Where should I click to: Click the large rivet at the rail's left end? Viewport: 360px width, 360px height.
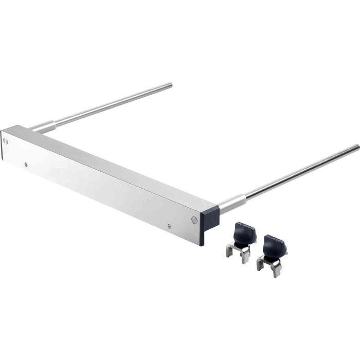coord(5,139)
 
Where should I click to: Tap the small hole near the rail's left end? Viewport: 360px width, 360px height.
coord(26,165)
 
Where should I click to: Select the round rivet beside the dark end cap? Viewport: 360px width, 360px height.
coord(194,219)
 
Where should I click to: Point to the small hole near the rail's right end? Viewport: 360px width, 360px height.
coord(169,225)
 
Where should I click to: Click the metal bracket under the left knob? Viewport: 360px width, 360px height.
coord(238,255)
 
